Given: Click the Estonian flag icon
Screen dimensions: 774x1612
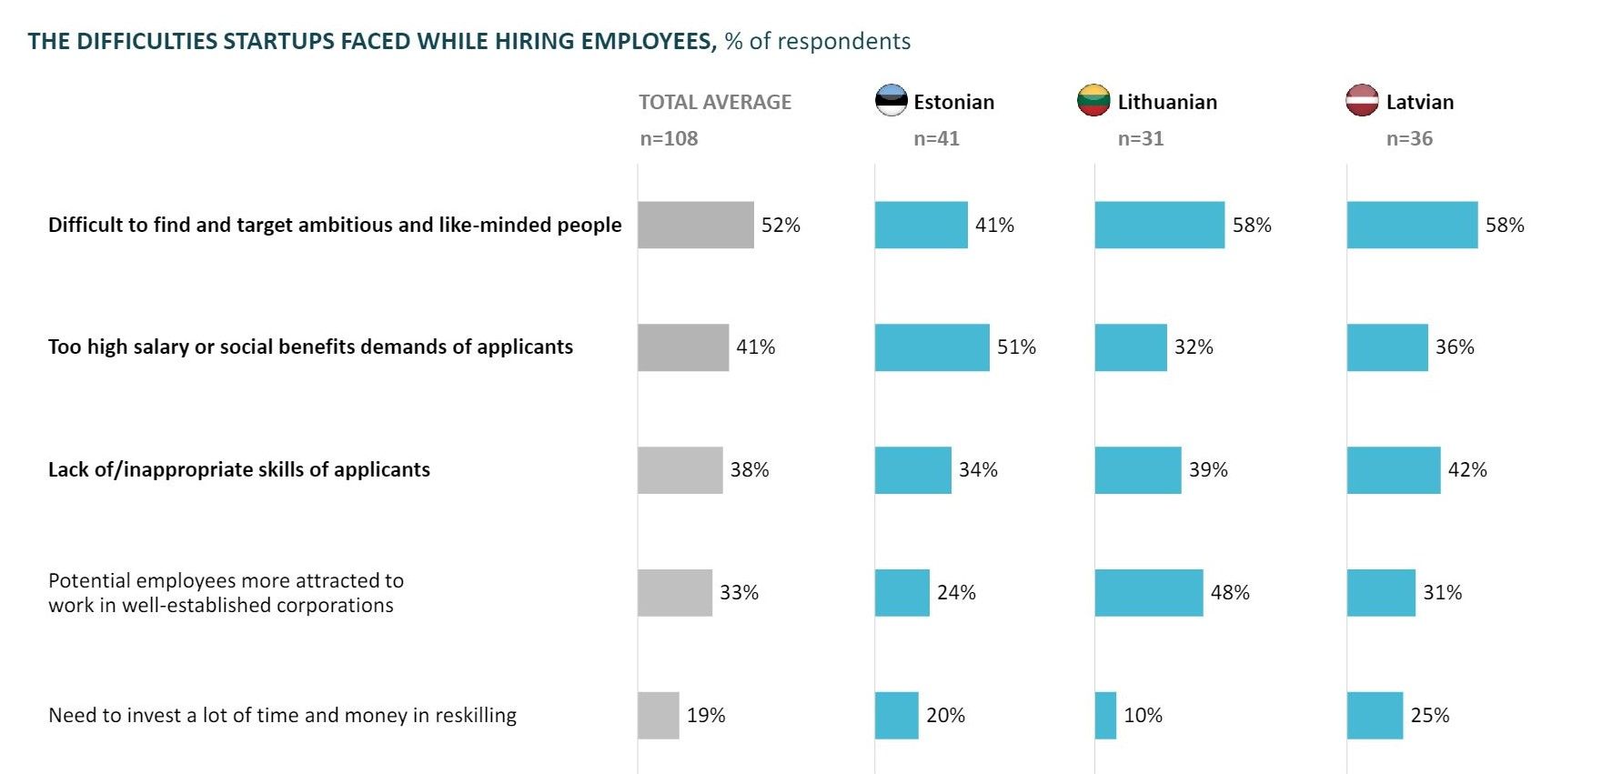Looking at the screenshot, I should coord(891,100).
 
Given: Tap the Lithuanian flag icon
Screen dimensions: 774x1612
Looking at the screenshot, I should coord(1093,100).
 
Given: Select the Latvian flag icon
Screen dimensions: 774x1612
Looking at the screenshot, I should coord(1362,100).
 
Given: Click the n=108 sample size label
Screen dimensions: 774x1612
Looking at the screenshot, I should coord(669,138).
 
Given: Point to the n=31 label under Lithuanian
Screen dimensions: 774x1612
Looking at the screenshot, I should coord(1141,138).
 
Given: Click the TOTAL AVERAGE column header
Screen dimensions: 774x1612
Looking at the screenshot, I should coord(715,102).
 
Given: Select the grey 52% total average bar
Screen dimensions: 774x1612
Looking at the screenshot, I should coord(696,225).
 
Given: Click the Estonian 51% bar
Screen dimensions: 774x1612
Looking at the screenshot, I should coord(932,347).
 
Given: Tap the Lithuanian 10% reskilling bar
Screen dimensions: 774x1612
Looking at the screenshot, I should coord(1105,715).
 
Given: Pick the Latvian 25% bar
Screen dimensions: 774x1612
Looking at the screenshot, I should coord(1375,715).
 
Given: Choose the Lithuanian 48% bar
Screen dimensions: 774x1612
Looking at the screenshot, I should coord(1148,592).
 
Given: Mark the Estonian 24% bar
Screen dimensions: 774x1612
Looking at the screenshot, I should coord(902,592).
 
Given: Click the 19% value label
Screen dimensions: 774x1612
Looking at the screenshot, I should coord(706,715).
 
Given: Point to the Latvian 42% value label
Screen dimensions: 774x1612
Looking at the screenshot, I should coord(1467,469).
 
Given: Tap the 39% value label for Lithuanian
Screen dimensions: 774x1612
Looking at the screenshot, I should coord(1208,469).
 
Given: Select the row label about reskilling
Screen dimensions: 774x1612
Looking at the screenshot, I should coord(282,715).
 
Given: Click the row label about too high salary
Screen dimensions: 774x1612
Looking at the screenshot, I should coord(310,347).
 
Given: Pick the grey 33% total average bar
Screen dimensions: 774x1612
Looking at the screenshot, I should coord(675,592).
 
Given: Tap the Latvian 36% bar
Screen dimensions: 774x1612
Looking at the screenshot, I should coord(1387,347).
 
